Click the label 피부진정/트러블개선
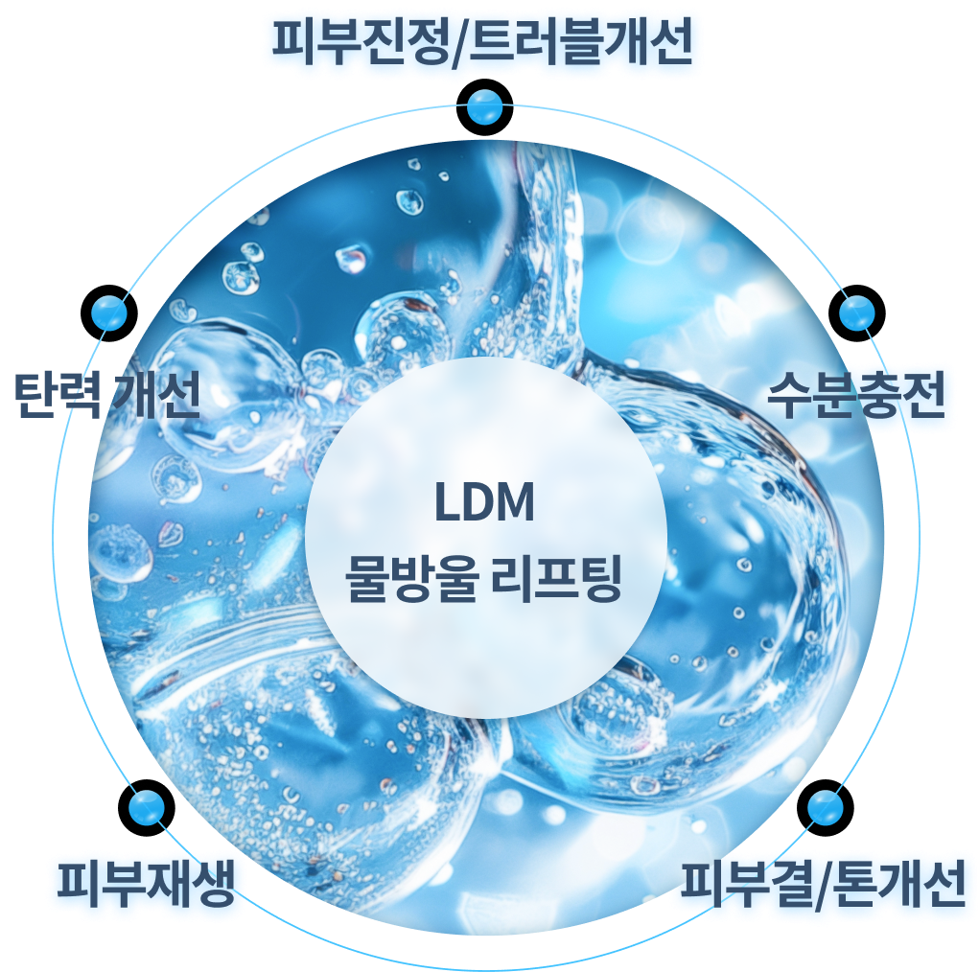point(482,42)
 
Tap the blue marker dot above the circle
point(484,106)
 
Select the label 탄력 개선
point(106,395)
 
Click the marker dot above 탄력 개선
point(109,312)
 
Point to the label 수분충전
point(855,395)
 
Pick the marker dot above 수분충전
point(857,312)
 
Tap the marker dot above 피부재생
point(146,808)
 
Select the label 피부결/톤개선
point(823,884)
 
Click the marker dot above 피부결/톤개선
point(826,808)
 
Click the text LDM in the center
point(484,501)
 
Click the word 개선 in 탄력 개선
point(154,395)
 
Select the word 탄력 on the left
point(57,395)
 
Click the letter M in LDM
point(514,501)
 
